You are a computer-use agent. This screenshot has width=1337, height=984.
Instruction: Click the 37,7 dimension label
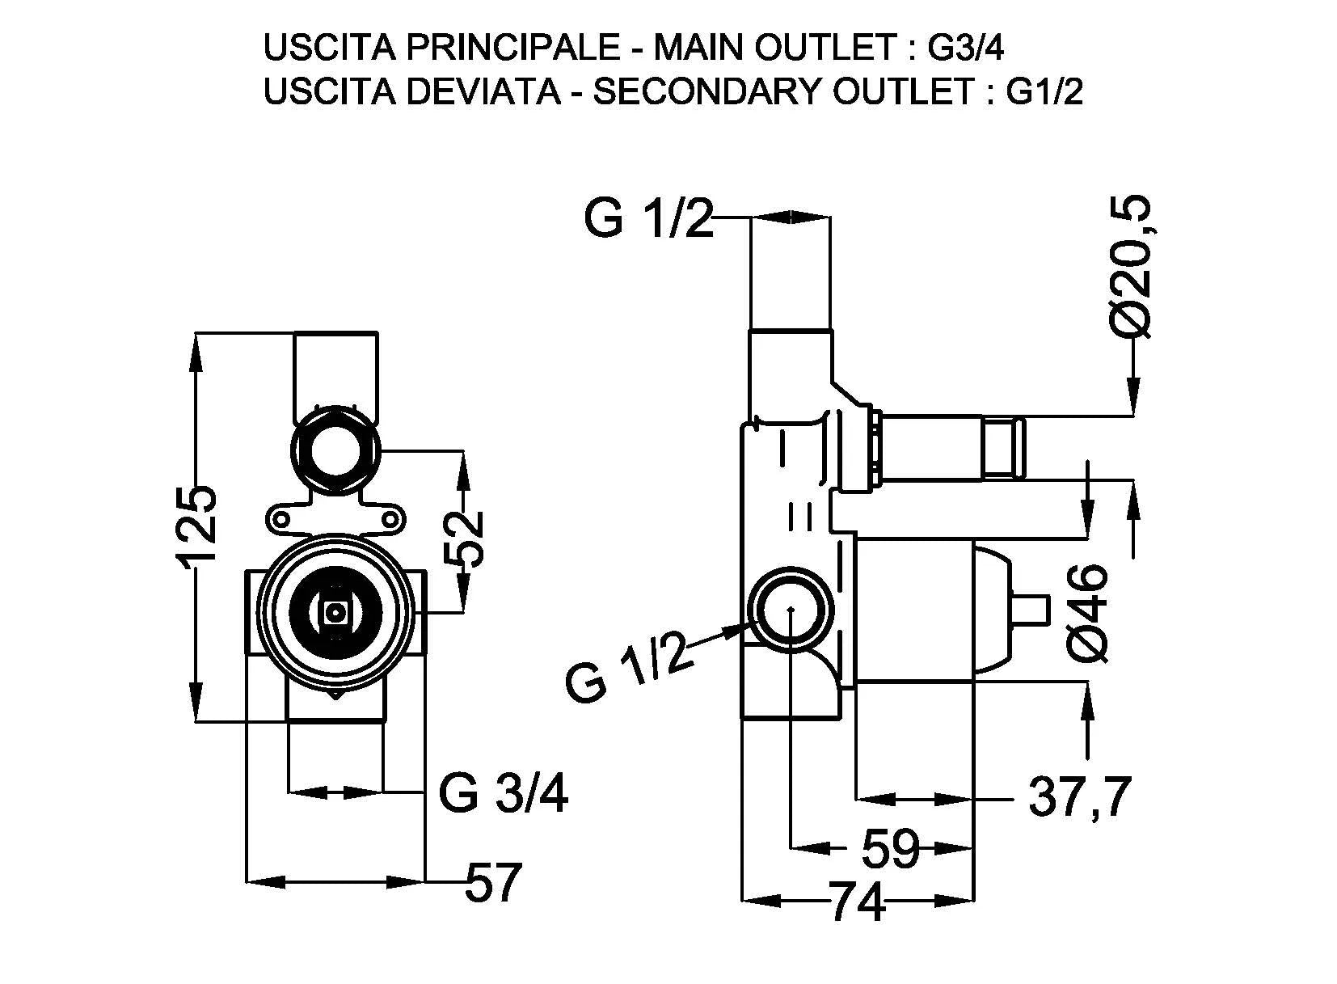click(x=1078, y=798)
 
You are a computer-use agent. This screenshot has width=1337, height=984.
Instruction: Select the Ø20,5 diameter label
click(x=1129, y=265)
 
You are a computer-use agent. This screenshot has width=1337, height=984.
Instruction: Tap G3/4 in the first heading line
click(x=965, y=49)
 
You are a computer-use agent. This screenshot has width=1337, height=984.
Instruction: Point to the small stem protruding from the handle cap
click(x=1030, y=611)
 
